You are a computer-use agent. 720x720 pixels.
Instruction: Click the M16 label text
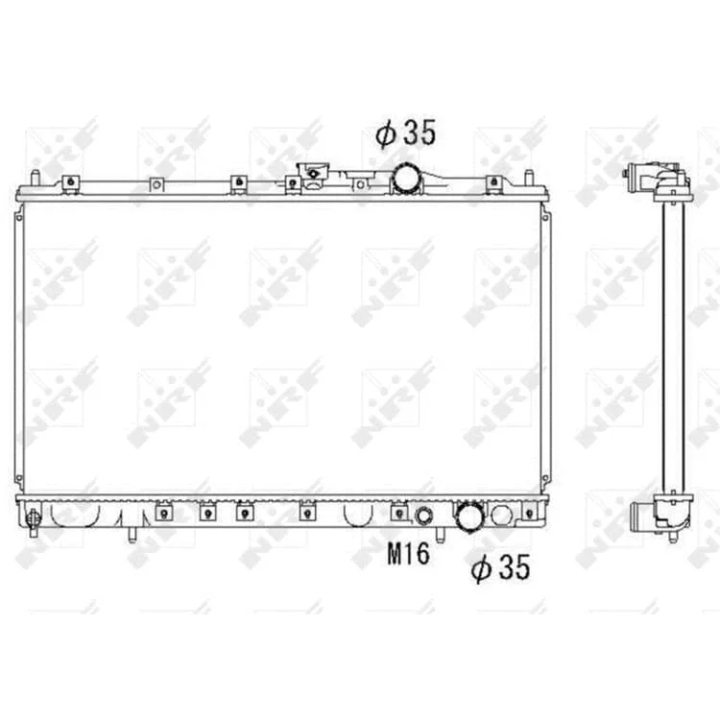click(409, 554)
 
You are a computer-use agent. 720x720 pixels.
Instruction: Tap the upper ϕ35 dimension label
click(406, 133)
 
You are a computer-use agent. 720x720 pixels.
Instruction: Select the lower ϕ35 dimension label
click(500, 567)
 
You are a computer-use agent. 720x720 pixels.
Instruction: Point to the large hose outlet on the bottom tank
click(468, 517)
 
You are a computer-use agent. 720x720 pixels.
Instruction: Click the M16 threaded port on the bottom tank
click(423, 516)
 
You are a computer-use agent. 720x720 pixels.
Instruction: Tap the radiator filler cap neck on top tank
click(314, 175)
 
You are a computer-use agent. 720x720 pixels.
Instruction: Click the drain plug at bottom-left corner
click(34, 520)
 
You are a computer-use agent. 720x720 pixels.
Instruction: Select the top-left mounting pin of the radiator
click(36, 178)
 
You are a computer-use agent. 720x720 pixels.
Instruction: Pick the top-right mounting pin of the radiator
click(529, 178)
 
